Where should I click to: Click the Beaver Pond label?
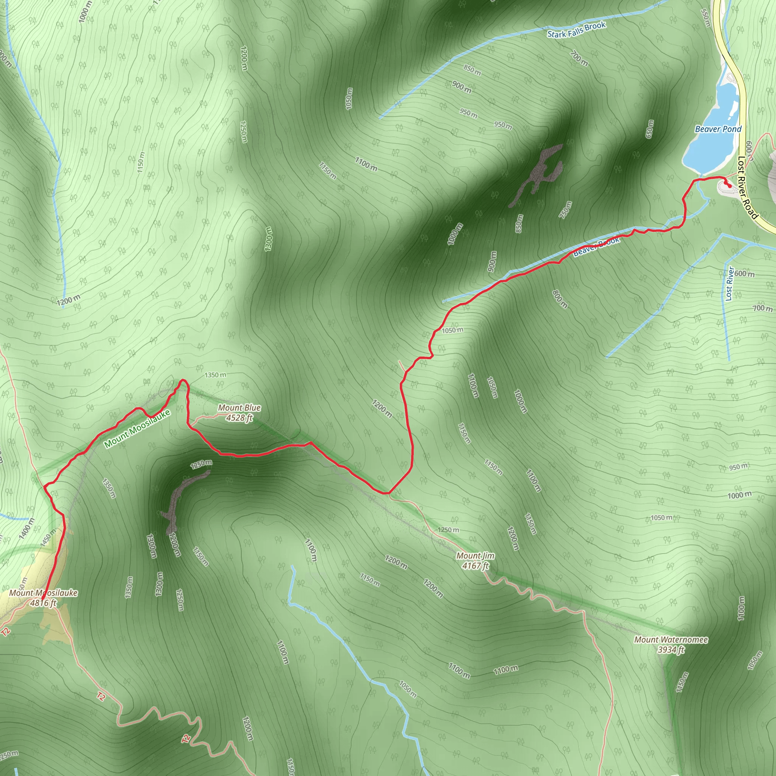pyautogui.click(x=718, y=129)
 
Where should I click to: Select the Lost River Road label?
pyautogui.click(x=748, y=188)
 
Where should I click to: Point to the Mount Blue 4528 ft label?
pyautogui.click(x=239, y=413)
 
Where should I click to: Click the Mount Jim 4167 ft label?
pyautogui.click(x=475, y=561)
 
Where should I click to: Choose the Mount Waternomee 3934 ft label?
pyautogui.click(x=671, y=644)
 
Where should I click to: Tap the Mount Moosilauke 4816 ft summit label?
pyautogui.click(x=43, y=598)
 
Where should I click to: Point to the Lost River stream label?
pyautogui.click(x=730, y=283)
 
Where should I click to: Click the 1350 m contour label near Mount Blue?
pyautogui.click(x=215, y=375)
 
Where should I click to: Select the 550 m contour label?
pyautogui.click(x=705, y=19)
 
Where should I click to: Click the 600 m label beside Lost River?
pyautogui.click(x=744, y=274)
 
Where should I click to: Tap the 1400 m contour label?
pyautogui.click(x=27, y=529)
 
